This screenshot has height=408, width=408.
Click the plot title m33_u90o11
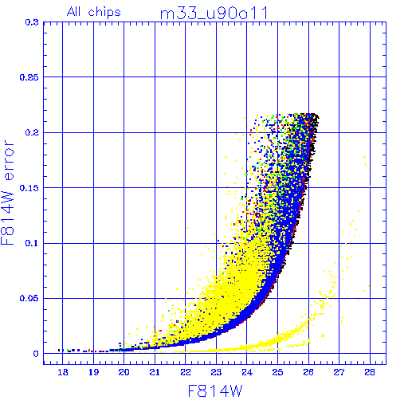(214, 14)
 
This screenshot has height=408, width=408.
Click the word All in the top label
(73, 11)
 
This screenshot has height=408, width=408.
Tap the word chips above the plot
(104, 12)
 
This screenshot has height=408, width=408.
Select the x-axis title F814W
(215, 390)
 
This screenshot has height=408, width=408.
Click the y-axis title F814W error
(7, 192)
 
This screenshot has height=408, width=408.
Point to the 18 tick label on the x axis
(63, 372)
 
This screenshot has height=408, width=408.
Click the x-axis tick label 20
(124, 372)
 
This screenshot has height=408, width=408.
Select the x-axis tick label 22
(186, 372)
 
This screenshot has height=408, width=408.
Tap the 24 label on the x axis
(247, 372)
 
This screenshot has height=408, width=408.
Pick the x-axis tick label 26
(308, 372)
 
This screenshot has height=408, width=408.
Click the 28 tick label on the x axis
(370, 372)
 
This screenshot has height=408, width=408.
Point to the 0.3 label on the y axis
(32, 22)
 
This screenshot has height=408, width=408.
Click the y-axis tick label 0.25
(29, 77)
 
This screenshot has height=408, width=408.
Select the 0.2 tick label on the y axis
(32, 132)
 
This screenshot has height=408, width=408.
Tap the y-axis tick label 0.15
(29, 188)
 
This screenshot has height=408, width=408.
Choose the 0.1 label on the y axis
(32, 243)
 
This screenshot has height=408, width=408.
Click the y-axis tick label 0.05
(29, 298)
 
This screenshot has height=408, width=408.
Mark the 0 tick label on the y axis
(36, 354)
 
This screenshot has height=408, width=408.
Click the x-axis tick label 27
(339, 372)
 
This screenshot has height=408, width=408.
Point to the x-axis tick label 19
(93, 372)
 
